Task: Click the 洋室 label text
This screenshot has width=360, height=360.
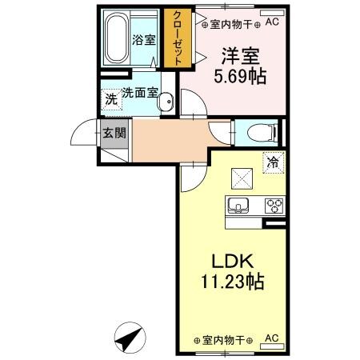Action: pos(239,57)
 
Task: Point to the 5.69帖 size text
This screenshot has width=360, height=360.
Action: pos(239,77)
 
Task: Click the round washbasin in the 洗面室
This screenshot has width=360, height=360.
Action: pos(166,102)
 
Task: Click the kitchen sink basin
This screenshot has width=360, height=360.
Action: pos(238,206)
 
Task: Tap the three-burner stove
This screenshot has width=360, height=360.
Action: pos(274,206)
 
